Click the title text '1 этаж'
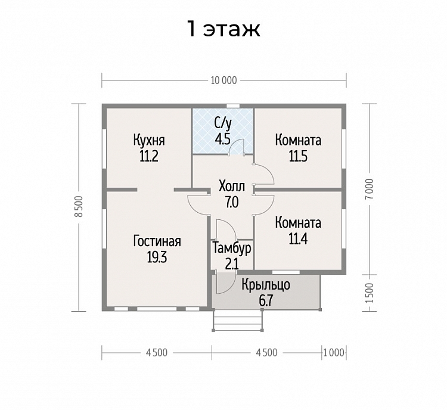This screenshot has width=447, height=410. point(223,29)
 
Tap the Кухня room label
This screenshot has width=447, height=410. point(149,140)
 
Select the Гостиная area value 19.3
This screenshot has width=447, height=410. point(157,257)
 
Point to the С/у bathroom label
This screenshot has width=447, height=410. point(223,124)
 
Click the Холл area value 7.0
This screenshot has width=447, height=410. point(231,203)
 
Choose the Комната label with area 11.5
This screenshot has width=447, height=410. point(298,140)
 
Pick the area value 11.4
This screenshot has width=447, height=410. point(298,239)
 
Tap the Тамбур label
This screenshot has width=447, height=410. point(232,249)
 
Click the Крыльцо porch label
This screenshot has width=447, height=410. point(266,285)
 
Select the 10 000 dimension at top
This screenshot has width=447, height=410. point(223,80)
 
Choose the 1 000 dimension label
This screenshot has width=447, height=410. point(334,353)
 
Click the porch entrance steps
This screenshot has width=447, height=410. point(238,320)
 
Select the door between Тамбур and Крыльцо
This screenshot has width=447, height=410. point(225,283)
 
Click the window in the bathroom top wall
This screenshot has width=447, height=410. point(233,106)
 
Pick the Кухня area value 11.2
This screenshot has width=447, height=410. point(149,156)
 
